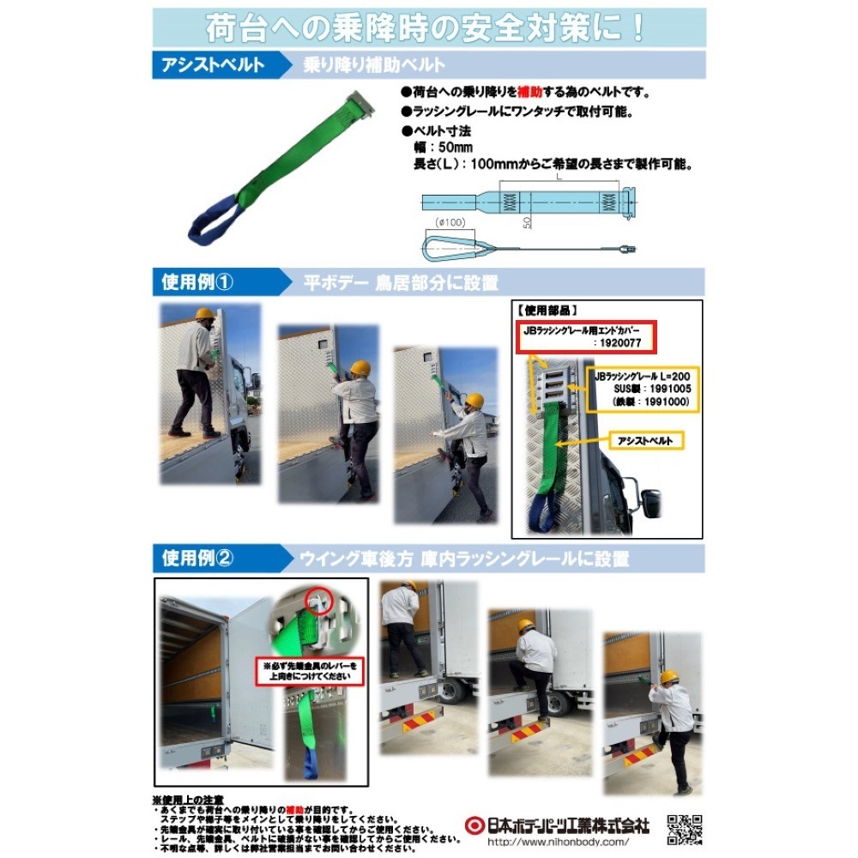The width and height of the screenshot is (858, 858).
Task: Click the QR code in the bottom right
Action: click(685, 829)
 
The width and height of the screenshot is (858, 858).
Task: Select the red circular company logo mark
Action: click(469, 825)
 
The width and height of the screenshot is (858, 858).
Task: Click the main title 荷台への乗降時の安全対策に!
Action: click(426, 27)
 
